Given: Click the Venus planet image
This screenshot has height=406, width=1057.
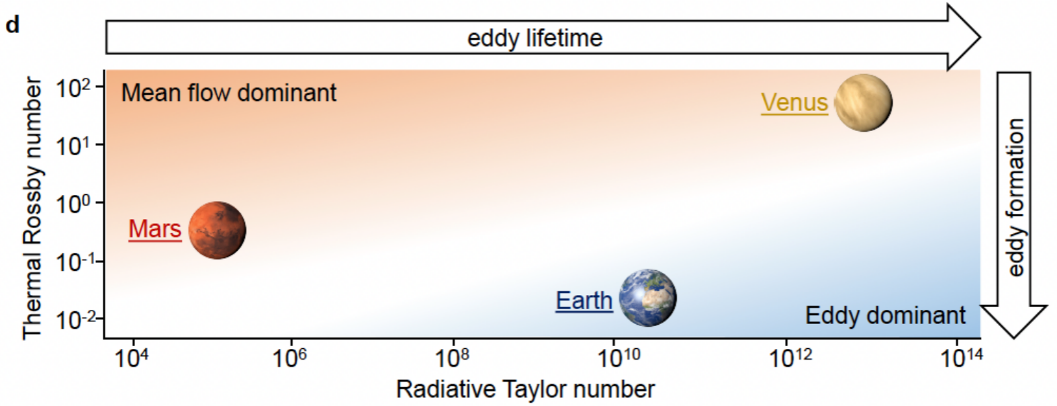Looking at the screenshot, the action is (x=863, y=102).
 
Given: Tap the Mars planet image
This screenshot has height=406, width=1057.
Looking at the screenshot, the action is (x=217, y=230).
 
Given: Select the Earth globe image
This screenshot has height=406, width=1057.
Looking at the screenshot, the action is (x=647, y=298).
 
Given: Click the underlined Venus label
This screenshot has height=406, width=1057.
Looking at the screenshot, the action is (x=794, y=102).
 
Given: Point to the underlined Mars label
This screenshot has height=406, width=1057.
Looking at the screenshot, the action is (x=155, y=229).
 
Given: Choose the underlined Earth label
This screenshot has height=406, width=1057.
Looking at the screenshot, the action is (x=584, y=300).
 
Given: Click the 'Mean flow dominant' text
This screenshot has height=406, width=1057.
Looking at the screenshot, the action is (x=229, y=93).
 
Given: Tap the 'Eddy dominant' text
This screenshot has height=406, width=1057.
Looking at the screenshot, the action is (x=885, y=315).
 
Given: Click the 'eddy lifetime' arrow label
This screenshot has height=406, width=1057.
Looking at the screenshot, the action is (x=535, y=38).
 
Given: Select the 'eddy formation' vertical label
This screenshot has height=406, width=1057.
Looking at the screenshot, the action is (x=1016, y=198).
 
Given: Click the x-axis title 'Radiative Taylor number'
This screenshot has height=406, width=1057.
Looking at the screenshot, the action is (x=525, y=389).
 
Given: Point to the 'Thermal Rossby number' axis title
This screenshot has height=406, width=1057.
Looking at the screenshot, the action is (x=32, y=208).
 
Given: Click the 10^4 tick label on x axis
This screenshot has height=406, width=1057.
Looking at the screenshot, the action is (x=131, y=358).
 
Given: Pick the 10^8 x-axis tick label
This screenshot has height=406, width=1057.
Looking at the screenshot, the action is (x=452, y=358).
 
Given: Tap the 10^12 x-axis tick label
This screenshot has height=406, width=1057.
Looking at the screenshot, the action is (x=791, y=358).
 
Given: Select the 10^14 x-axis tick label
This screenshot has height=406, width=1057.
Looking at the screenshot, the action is (x=962, y=358).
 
